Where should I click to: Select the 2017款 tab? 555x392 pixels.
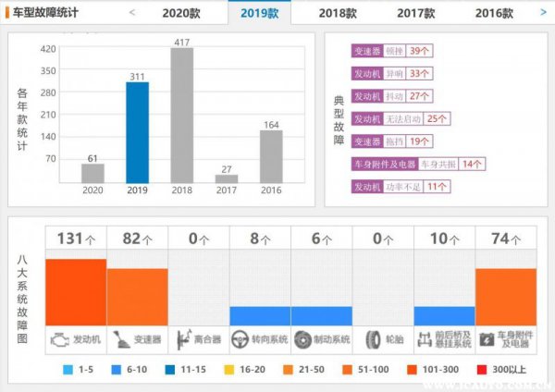(x=416, y=14)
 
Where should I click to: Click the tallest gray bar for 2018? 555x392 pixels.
(x=182, y=116)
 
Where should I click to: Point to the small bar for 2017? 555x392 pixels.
(x=227, y=178)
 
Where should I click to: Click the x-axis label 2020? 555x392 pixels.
(x=92, y=190)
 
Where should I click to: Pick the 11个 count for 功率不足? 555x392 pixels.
(x=438, y=186)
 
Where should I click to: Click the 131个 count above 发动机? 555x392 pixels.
(x=76, y=239)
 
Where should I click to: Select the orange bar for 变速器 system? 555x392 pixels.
(x=137, y=296)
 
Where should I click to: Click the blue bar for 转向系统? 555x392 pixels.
(x=260, y=315)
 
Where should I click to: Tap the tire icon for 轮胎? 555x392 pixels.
(x=373, y=340)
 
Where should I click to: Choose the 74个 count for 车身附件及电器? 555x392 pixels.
(x=506, y=239)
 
